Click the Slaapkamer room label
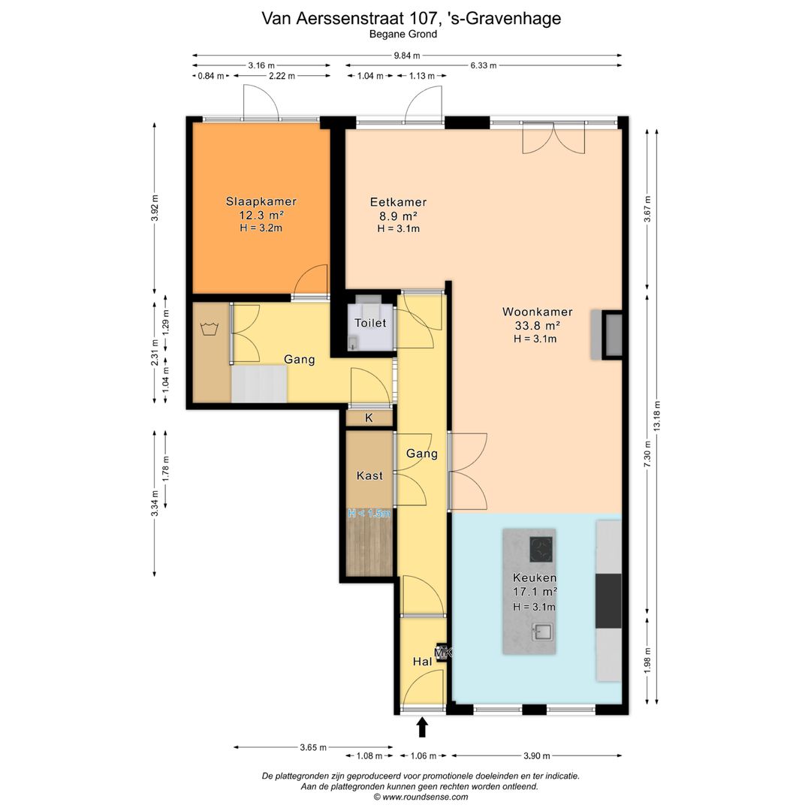(261, 202)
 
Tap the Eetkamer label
(398, 202)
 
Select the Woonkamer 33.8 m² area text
(538, 325)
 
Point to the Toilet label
(370, 323)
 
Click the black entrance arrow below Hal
(423, 727)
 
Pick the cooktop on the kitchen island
(541, 549)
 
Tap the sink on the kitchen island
(543, 632)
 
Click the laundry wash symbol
(209, 329)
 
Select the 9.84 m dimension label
(407, 56)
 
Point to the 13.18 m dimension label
(657, 416)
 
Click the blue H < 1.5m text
(369, 514)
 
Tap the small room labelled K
(369, 418)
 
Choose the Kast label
(369, 476)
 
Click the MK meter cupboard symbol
(443, 653)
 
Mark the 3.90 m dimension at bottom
(537, 755)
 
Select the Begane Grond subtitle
(403, 35)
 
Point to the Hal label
(422, 662)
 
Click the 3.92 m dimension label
(155, 208)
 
